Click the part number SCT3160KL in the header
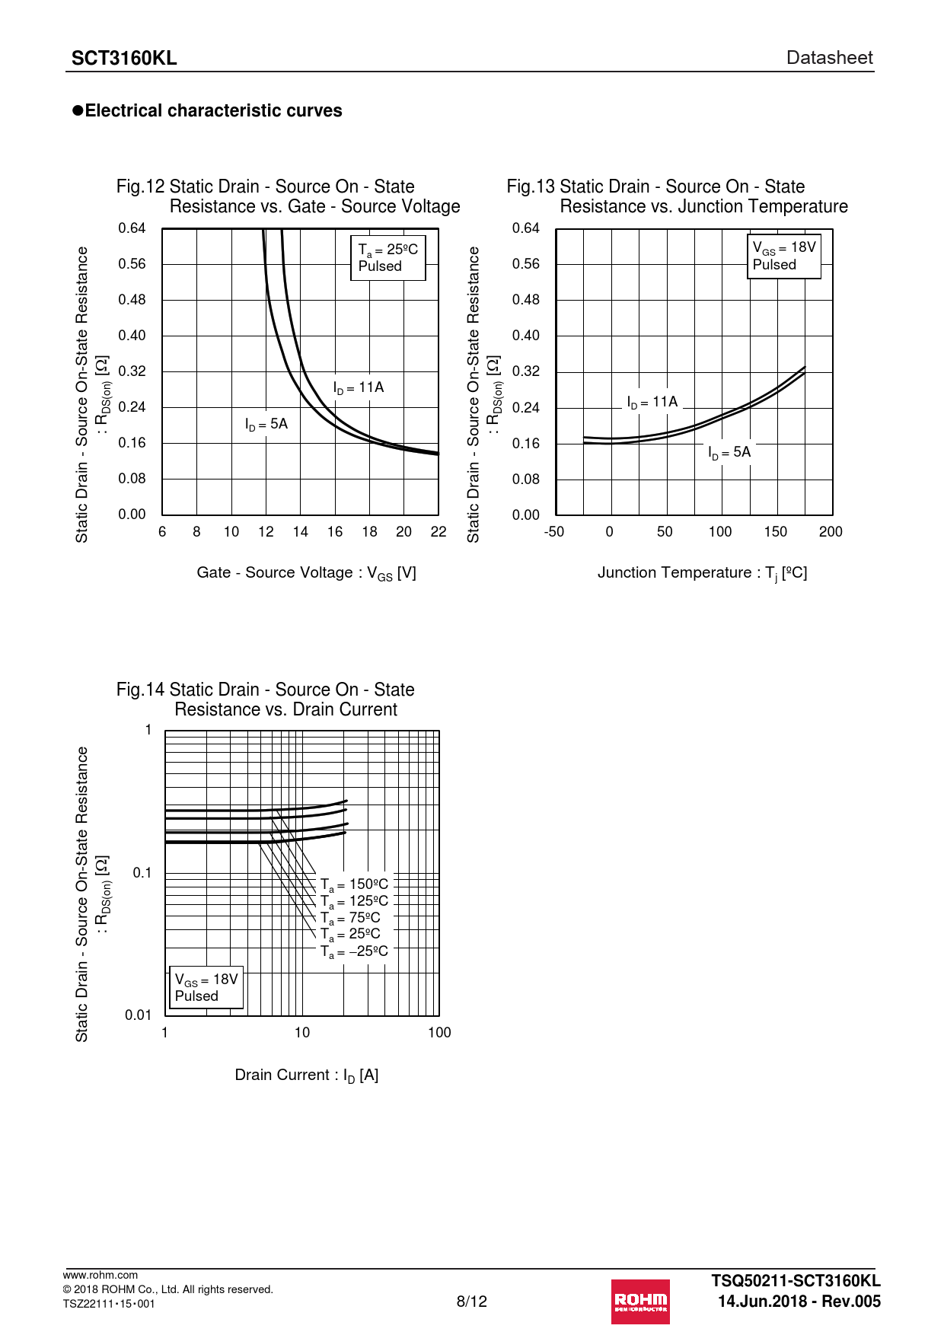[x=124, y=59]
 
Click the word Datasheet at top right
[x=829, y=58]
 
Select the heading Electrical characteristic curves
[x=213, y=111]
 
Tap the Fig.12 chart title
[x=288, y=196]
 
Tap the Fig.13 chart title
[x=677, y=196]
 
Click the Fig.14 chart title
[x=266, y=699]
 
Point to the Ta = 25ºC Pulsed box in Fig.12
[x=387, y=258]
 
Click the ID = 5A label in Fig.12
[x=266, y=424]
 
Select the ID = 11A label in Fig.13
[x=652, y=402]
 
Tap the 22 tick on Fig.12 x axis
[x=439, y=532]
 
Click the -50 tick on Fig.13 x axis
[x=553, y=532]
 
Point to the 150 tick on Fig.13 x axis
[x=775, y=532]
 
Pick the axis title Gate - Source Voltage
[x=306, y=573]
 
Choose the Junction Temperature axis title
[x=702, y=573]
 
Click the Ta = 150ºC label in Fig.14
[x=354, y=884]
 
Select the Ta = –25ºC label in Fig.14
[x=354, y=951]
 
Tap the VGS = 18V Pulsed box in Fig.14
[x=206, y=988]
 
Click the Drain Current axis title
[x=306, y=1075]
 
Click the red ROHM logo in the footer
[x=640, y=1302]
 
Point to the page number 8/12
[x=471, y=1302]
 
